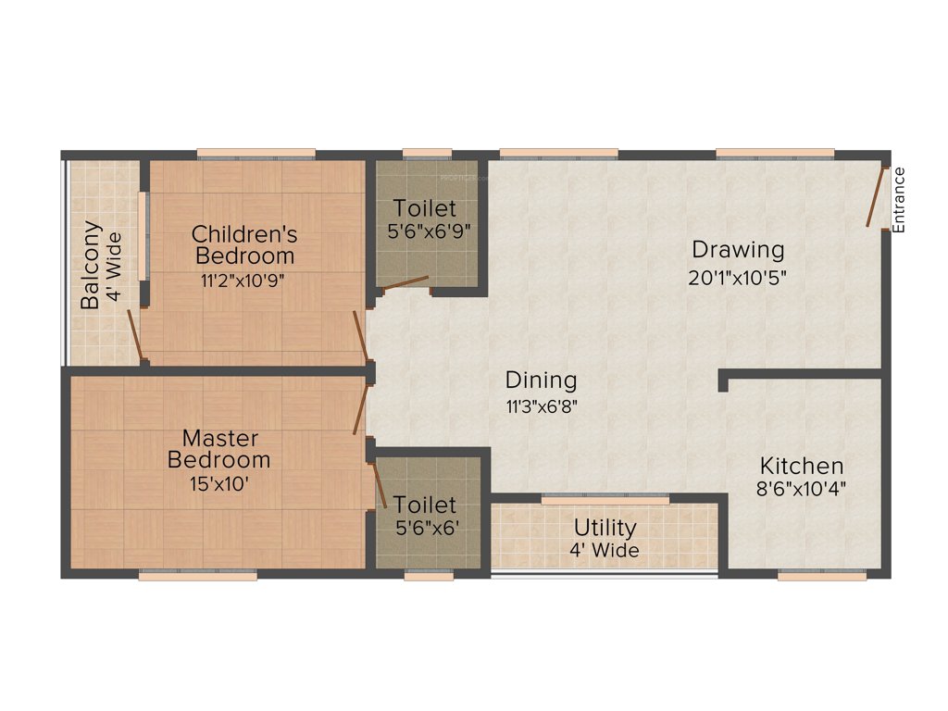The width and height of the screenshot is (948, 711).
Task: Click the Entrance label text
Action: pos(899,198)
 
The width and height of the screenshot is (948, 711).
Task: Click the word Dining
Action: pos(541,380)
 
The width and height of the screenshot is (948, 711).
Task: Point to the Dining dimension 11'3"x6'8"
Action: pos(542,405)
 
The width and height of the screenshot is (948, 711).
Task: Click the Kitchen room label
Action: pos(802,466)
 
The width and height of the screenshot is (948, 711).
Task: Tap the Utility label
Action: pos(605,528)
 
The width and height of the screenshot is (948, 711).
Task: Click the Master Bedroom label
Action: pos(219,448)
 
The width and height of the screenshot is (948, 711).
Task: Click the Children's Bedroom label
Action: pos(244,243)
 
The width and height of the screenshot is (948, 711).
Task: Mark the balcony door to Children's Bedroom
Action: pos(135,335)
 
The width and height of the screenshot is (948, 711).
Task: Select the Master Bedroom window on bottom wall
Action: pos(197,575)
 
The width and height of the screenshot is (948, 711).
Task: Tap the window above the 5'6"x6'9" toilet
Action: pos(428,155)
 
